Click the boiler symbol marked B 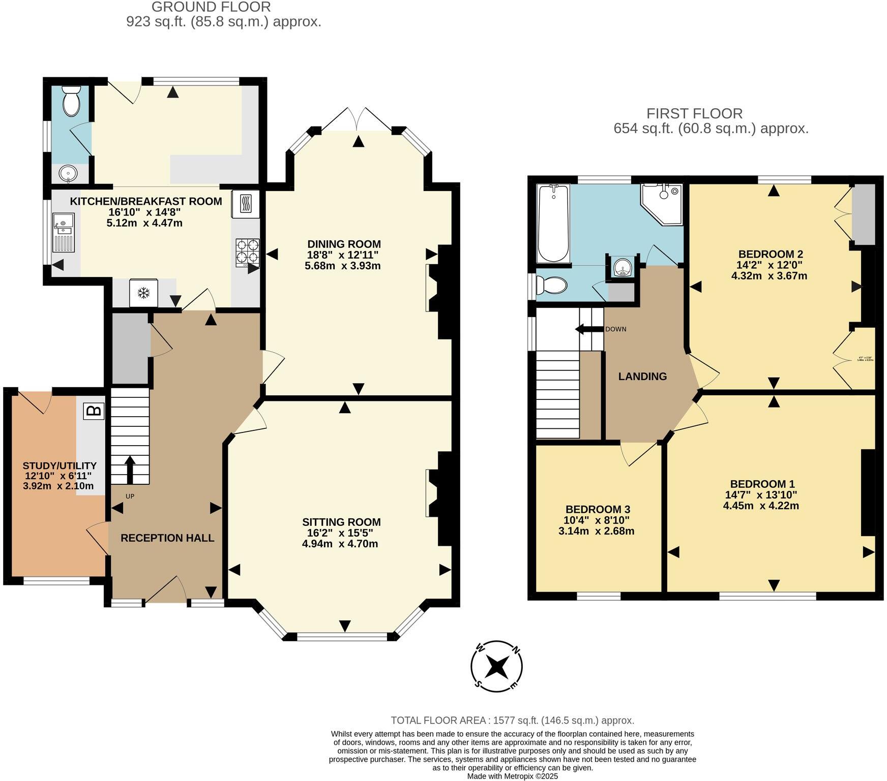94,411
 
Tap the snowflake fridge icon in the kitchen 144,293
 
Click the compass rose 496,666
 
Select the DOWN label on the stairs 615,329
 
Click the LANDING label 642,377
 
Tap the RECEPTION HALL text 167,538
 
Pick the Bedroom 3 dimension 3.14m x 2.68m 596,532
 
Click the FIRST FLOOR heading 694,113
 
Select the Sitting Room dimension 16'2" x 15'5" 340,533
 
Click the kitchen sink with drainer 64,232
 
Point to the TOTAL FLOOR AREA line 512,721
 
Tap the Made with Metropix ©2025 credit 512,776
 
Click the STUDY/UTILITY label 60,465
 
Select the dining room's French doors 359,119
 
